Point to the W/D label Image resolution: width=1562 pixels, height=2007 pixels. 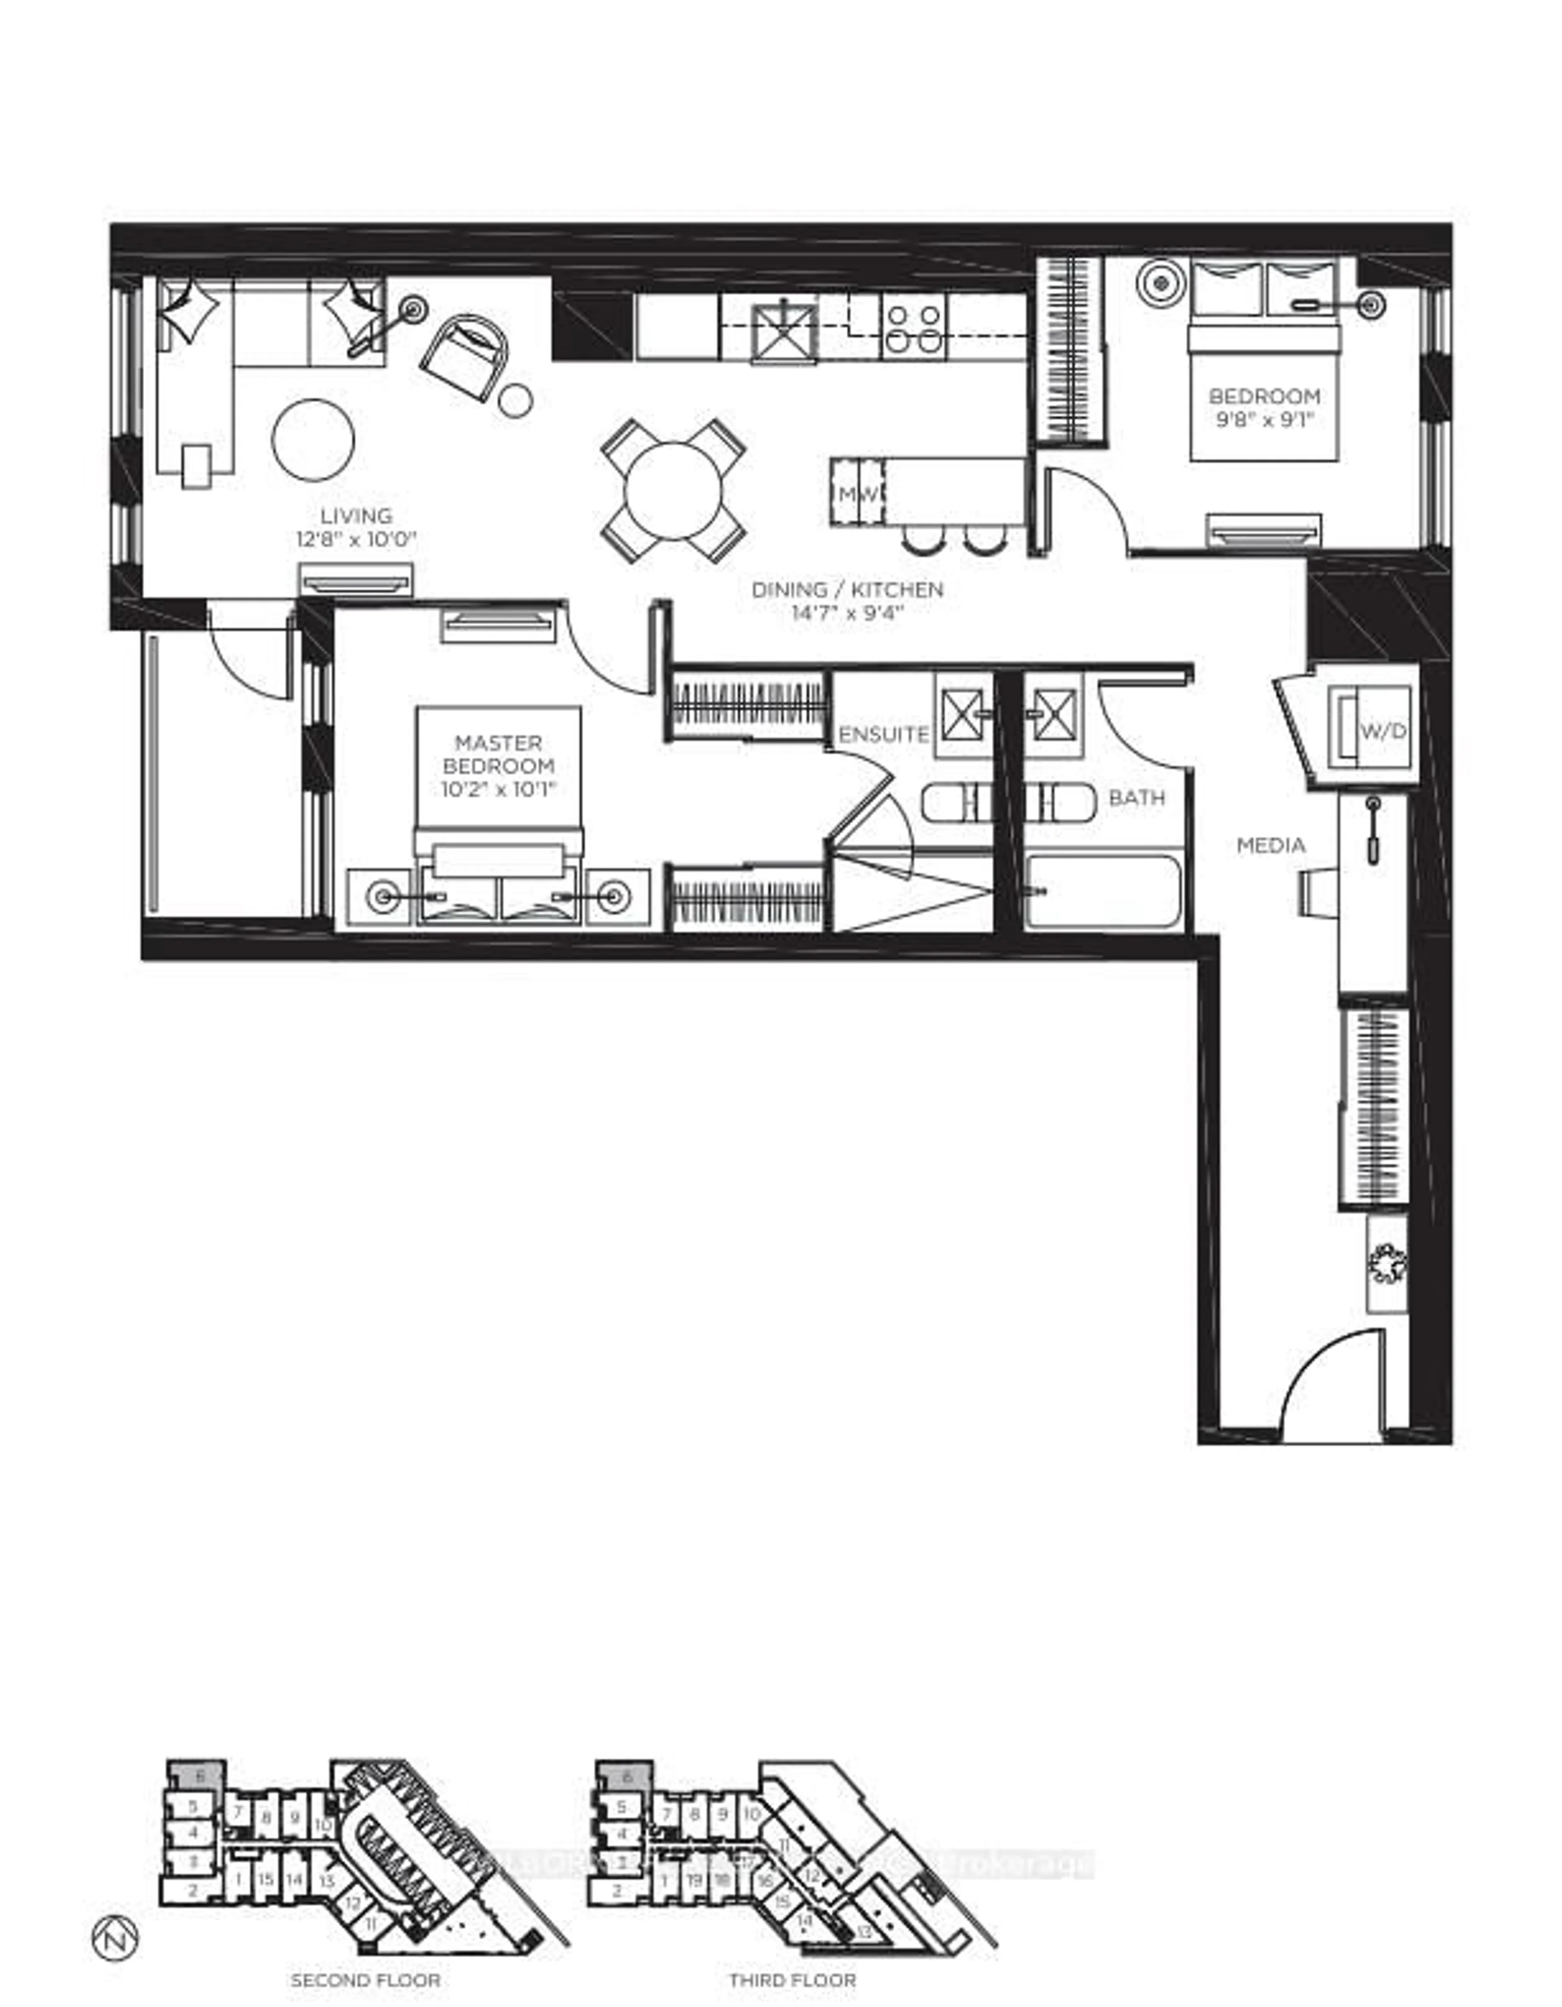tap(1383, 732)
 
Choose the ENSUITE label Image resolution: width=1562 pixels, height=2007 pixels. tap(884, 734)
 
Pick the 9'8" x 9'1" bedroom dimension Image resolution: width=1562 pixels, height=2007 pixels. tap(1264, 420)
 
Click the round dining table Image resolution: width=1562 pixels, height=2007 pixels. tap(674, 491)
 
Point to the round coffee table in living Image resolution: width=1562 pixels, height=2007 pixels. tap(313, 439)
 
